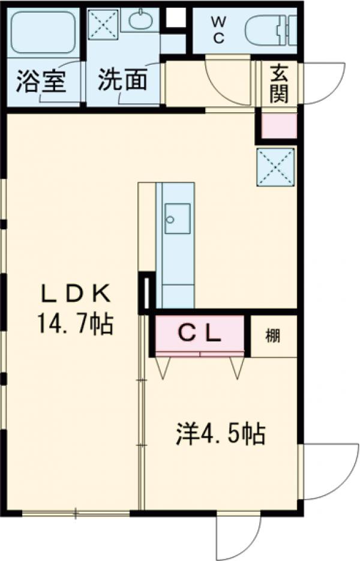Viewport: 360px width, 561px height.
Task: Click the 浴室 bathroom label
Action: (41, 82)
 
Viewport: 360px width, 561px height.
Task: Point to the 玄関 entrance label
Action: (279, 83)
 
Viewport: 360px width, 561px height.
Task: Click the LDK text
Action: (76, 295)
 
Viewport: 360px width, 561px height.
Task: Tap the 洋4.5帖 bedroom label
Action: (221, 434)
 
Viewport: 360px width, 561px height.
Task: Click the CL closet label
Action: (200, 334)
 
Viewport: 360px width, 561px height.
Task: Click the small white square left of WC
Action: (175, 19)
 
